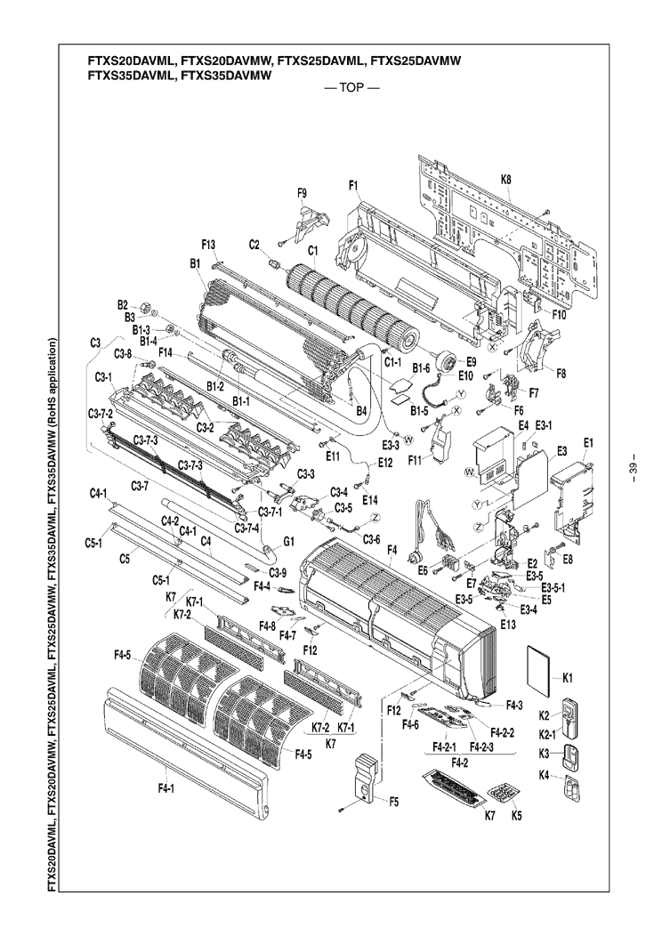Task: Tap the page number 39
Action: (x=633, y=469)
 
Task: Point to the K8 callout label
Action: (x=505, y=180)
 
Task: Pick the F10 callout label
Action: (x=559, y=314)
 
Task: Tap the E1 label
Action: (x=588, y=442)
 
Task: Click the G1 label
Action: (x=288, y=540)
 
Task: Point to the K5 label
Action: (x=516, y=815)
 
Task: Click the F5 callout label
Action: (x=393, y=801)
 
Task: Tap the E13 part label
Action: (x=508, y=625)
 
